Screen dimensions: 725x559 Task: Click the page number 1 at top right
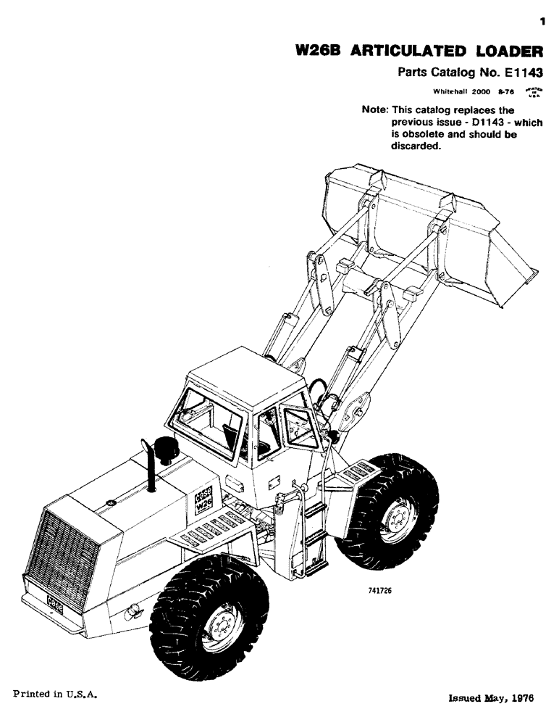pyautogui.click(x=542, y=23)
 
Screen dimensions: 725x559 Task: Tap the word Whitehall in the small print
pyautogui.click(x=452, y=92)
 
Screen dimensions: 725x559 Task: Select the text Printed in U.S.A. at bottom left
pyautogui.click(x=55, y=694)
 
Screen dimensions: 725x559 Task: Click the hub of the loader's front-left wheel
pyautogui.click(x=220, y=625)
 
